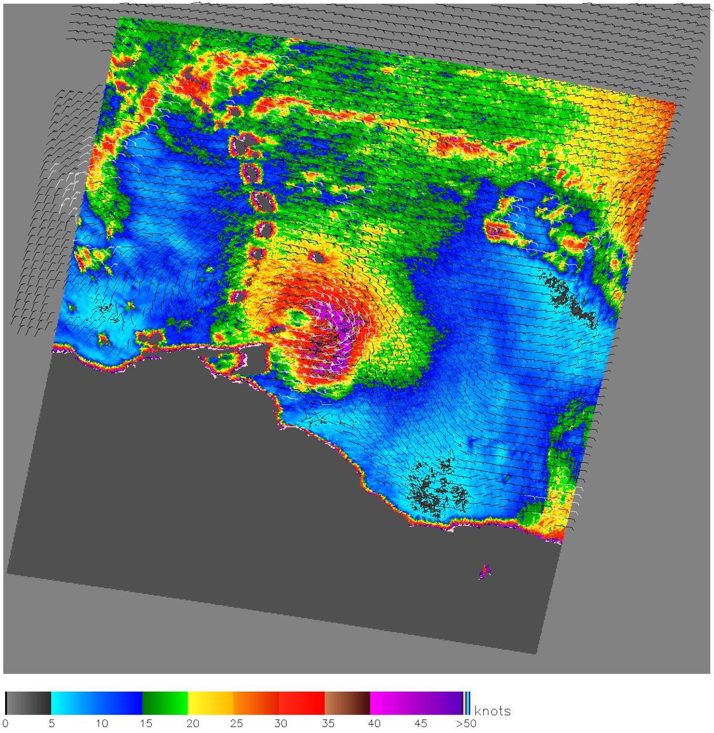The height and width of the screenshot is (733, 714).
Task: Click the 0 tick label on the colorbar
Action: [x=5, y=723]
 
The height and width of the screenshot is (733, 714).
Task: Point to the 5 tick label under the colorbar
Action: [x=52, y=723]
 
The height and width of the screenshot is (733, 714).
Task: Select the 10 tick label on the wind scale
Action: [x=101, y=723]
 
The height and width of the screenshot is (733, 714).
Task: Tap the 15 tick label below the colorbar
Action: [x=147, y=723]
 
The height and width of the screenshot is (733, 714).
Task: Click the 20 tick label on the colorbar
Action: [x=193, y=723]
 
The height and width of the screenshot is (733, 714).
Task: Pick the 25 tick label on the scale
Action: [x=237, y=723]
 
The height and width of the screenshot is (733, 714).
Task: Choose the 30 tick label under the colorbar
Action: [x=281, y=723]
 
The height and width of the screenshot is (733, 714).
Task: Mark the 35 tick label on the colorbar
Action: [x=328, y=723]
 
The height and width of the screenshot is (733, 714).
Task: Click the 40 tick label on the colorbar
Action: [x=374, y=723]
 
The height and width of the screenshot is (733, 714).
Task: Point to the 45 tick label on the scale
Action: [x=421, y=723]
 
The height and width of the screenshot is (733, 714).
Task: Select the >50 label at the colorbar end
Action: [x=466, y=723]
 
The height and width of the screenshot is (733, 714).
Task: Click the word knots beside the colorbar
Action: [x=492, y=711]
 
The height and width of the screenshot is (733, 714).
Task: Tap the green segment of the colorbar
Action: [x=165, y=703]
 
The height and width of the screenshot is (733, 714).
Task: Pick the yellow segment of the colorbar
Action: [x=211, y=703]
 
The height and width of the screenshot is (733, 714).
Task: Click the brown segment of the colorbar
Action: [x=347, y=703]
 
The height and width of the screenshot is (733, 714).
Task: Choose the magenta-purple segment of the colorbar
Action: [x=416, y=703]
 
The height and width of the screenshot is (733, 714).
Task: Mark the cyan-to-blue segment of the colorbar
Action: [x=96, y=703]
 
